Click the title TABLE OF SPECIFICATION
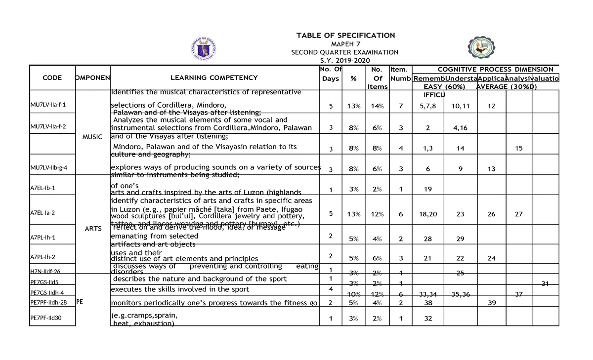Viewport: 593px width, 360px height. pyautogui.click(x=345, y=35)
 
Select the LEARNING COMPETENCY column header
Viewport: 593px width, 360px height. pyautogui.click(x=214, y=78)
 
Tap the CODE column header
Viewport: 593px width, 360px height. pyautogui.click(x=52, y=78)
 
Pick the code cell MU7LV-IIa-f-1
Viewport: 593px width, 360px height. pyautogui.click(x=48, y=105)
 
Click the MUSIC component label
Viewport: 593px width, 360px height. pyautogui.click(x=92, y=137)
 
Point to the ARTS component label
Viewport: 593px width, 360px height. pyautogui.click(x=93, y=229)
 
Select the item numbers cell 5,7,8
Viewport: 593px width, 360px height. pyautogui.click(x=428, y=106)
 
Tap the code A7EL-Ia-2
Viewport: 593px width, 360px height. pyautogui.click(x=42, y=213)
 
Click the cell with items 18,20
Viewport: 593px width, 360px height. pyautogui.click(x=428, y=214)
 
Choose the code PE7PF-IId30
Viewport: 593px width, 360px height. pyautogui.click(x=45, y=318)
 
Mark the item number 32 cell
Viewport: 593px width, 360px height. pyautogui.click(x=428, y=319)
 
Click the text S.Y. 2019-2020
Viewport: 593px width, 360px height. pyautogui.click(x=344, y=60)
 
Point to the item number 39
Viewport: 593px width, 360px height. pyautogui.click(x=492, y=303)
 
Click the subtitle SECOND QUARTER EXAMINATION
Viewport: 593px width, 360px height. pyautogui.click(x=344, y=52)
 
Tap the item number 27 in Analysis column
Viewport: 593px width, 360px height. pyautogui.click(x=518, y=214)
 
